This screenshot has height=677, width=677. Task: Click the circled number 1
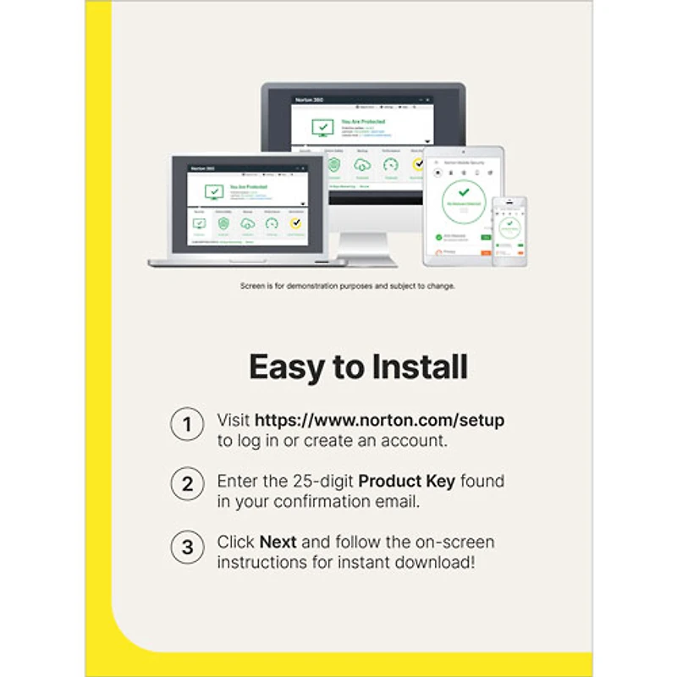pyautogui.click(x=187, y=423)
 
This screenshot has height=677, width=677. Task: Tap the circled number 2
pyautogui.click(x=187, y=485)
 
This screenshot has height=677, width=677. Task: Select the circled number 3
pyautogui.click(x=187, y=547)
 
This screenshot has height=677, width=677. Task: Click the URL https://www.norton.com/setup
pyautogui.click(x=379, y=420)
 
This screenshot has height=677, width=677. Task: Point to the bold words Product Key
pyautogui.click(x=406, y=482)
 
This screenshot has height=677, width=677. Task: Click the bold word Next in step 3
pyautogui.click(x=278, y=542)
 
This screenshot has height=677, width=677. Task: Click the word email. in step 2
pyautogui.click(x=400, y=502)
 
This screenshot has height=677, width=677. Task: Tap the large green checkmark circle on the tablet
pyautogui.click(x=464, y=201)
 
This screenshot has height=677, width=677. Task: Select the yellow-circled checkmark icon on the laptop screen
pyautogui.click(x=295, y=224)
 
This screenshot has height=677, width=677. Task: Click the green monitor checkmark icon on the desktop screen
pyautogui.click(x=322, y=128)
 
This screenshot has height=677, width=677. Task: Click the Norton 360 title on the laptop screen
pyautogui.click(x=201, y=169)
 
